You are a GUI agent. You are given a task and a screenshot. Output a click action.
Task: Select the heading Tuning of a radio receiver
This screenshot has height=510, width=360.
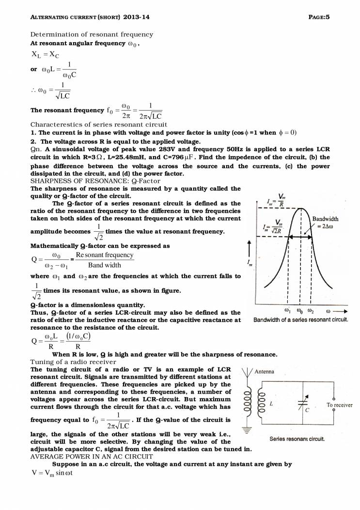tap(73, 362)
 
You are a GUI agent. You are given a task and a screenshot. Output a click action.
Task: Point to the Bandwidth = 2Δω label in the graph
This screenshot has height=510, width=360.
tap(325, 222)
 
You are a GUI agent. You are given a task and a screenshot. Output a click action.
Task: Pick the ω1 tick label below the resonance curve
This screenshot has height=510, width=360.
tap(287, 310)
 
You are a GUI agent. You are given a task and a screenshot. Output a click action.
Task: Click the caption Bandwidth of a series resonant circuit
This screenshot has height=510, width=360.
tap(301, 320)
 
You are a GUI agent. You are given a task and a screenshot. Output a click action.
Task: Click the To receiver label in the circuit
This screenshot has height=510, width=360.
tap(339, 405)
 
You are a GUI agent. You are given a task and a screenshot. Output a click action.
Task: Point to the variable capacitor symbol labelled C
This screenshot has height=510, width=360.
tap(305, 400)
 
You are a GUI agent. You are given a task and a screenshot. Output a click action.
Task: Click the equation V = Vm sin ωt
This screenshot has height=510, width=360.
tap(51, 473)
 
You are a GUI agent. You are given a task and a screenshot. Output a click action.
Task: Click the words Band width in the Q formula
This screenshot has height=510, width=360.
tap(105, 265)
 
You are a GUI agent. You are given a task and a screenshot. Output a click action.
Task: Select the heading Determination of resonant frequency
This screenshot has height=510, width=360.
tap(92, 34)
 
